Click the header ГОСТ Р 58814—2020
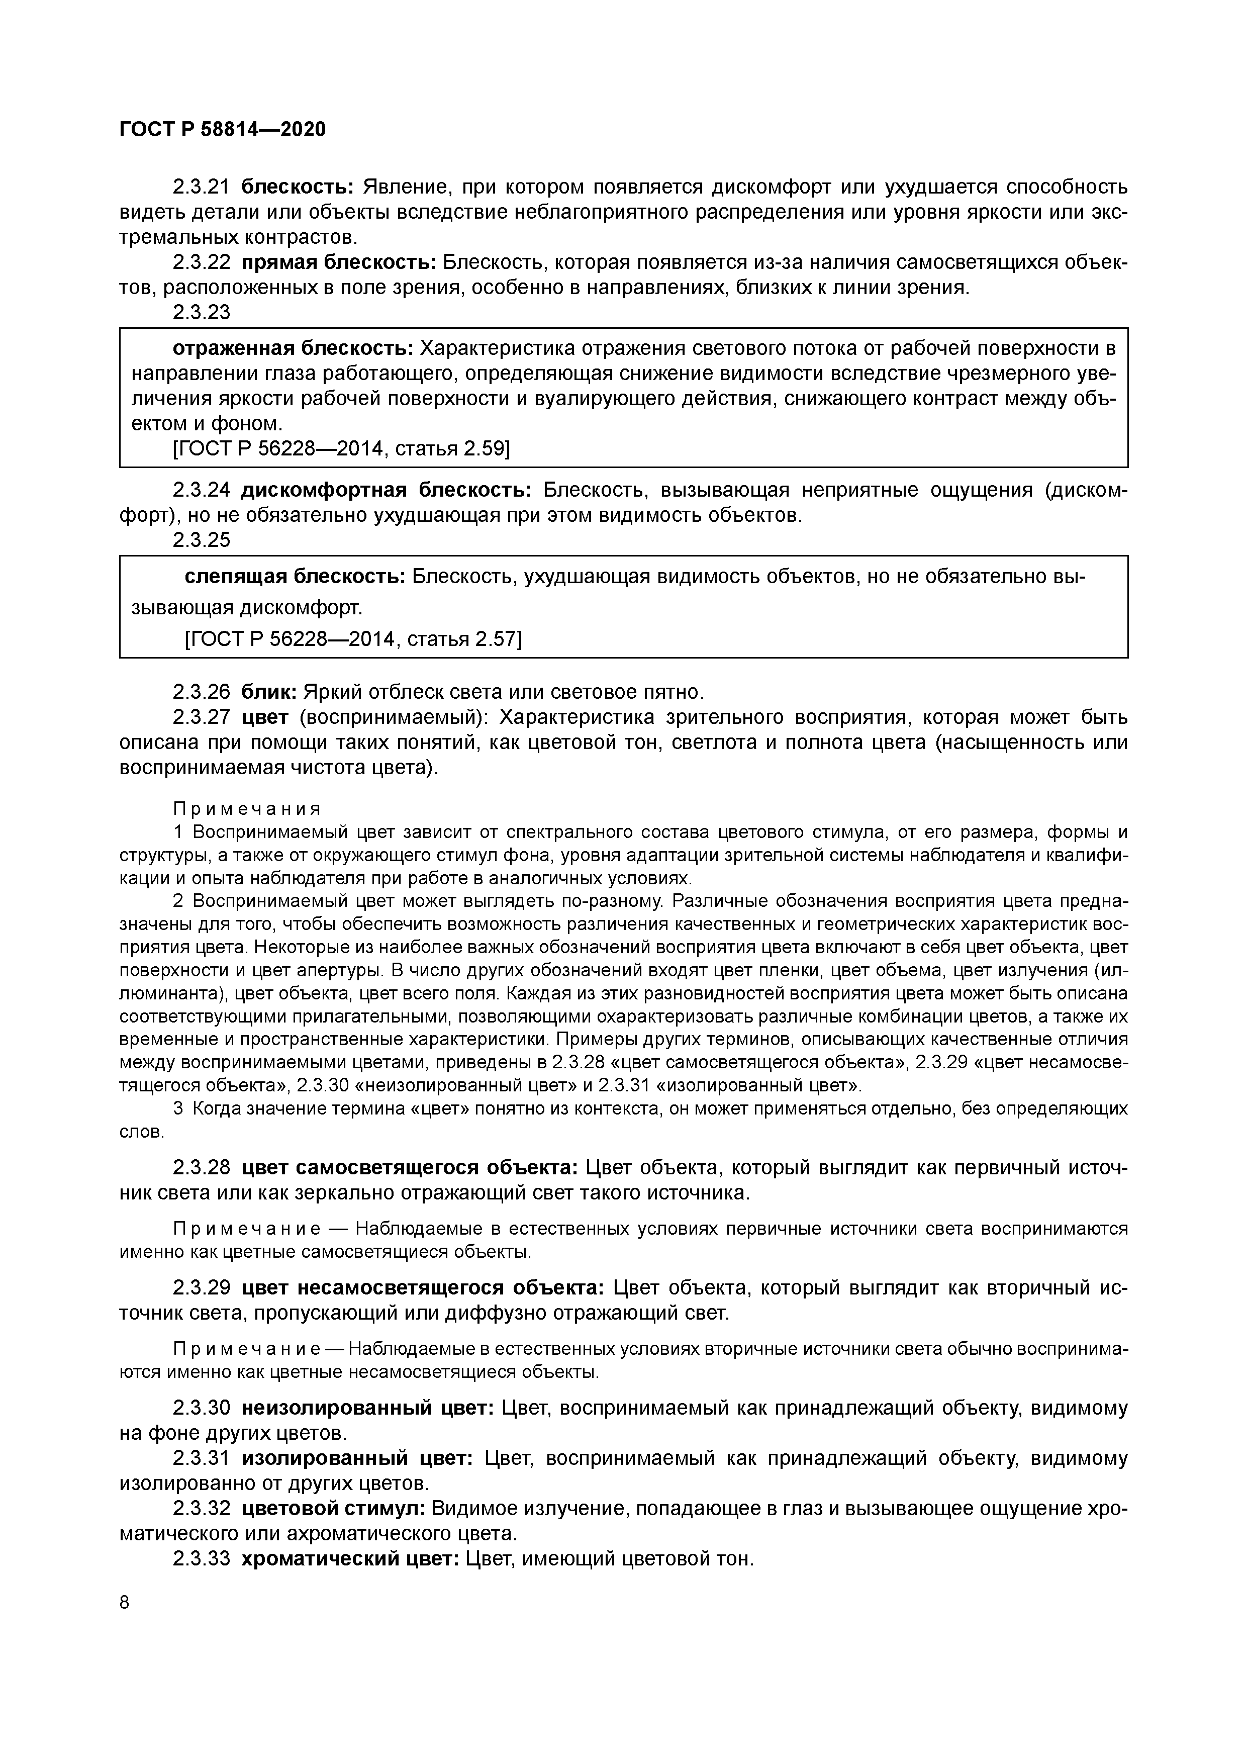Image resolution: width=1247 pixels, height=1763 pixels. click(223, 130)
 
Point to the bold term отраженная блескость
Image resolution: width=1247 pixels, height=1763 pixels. click(294, 348)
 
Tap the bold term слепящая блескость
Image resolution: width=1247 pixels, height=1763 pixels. click(295, 577)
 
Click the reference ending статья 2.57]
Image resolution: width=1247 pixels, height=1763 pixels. click(476, 639)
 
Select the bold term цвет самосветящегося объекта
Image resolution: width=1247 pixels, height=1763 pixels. click(409, 1168)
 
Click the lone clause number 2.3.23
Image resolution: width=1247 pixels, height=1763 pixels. click(201, 313)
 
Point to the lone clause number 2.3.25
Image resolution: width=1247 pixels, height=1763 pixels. click(201, 540)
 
